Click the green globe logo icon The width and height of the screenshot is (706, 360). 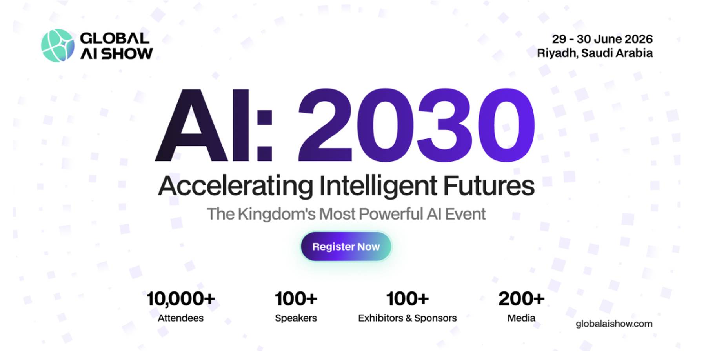(57, 45)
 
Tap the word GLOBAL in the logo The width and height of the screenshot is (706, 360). (115, 38)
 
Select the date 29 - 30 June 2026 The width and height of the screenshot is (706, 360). (602, 39)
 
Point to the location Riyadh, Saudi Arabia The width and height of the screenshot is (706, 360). (595, 53)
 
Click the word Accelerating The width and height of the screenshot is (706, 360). (235, 186)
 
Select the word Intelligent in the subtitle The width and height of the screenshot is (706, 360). (378, 186)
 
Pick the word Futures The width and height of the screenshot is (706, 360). (489, 186)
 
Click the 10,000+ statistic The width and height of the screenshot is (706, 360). (180, 299)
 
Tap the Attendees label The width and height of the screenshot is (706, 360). (180, 318)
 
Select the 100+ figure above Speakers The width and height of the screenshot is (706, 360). (296, 299)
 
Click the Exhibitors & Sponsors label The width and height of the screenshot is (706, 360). (407, 318)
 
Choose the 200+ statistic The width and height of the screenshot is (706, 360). (521, 299)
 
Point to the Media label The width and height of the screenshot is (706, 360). (521, 318)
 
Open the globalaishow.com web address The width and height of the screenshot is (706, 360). (614, 324)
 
